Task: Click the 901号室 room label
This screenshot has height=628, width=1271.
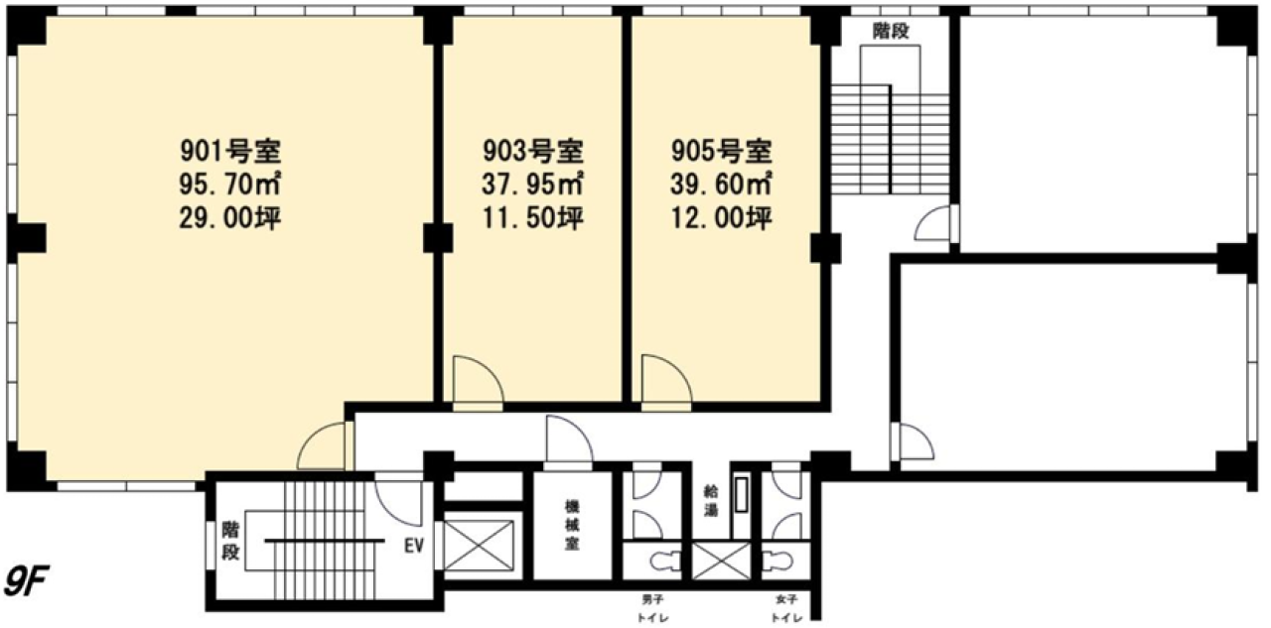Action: [x=231, y=152]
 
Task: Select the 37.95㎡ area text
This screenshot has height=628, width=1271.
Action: [x=533, y=185]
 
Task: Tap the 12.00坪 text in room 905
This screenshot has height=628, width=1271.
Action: [x=722, y=218]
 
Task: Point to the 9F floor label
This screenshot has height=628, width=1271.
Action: [x=27, y=580]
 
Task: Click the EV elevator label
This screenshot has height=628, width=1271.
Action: [x=414, y=546]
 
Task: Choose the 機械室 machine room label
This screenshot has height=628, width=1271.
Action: [x=572, y=525]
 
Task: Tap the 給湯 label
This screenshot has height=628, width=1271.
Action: [x=710, y=500]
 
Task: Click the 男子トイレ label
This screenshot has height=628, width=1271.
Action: [x=652, y=608]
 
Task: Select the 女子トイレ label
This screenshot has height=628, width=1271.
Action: [x=786, y=608]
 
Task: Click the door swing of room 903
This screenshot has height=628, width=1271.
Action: [x=478, y=381]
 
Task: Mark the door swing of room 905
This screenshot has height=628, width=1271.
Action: [x=666, y=380]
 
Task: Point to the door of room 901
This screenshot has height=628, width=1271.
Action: [x=323, y=446]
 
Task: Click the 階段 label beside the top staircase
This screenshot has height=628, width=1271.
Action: [x=891, y=31]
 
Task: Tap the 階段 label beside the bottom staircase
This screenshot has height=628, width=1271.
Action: [x=230, y=541]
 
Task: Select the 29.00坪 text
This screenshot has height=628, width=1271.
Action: [x=230, y=218]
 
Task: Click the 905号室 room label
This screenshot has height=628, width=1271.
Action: [x=722, y=152]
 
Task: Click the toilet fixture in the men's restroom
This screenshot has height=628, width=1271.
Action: [x=665, y=562]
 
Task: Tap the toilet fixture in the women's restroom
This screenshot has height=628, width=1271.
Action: [x=777, y=562]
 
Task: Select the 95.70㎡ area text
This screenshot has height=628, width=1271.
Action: [x=230, y=185]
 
